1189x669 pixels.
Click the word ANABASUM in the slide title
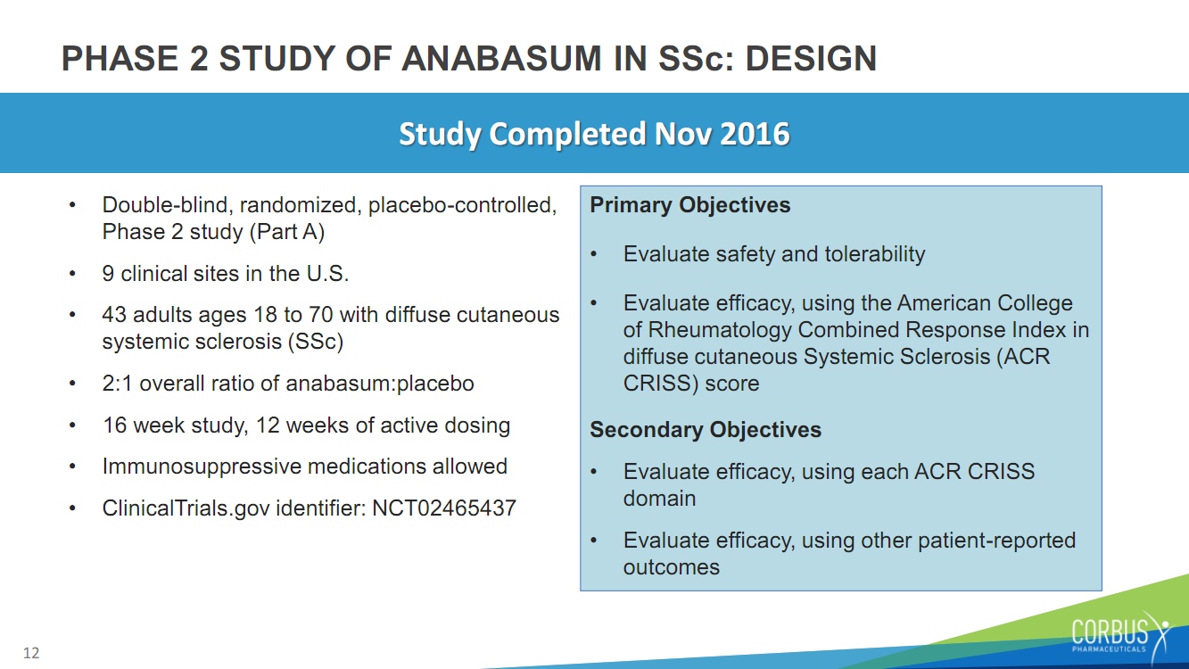(x=501, y=58)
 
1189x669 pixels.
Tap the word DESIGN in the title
(x=811, y=58)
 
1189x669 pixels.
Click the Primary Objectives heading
(x=690, y=205)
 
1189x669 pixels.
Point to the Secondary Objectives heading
(x=706, y=430)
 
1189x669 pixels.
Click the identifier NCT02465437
(x=443, y=508)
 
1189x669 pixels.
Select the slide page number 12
(x=31, y=653)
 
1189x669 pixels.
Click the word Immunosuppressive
(x=202, y=467)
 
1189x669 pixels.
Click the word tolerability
(x=875, y=254)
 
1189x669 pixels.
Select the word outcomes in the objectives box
(x=672, y=567)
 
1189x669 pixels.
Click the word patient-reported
(x=997, y=541)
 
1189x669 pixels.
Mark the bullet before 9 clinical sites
(x=73, y=274)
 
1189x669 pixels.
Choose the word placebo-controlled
(x=462, y=205)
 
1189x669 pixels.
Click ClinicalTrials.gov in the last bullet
(x=186, y=508)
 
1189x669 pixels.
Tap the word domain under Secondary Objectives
(x=659, y=499)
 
